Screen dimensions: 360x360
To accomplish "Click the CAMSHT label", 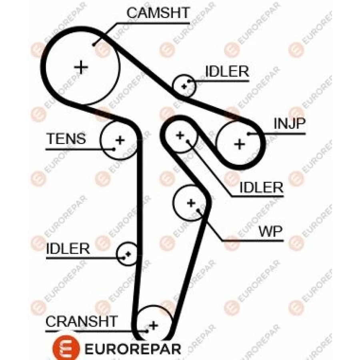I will (158, 12).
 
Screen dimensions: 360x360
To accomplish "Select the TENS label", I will (66, 139).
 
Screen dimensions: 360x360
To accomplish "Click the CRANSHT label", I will (82, 321).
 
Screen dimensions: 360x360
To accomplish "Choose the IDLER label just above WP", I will (261, 187).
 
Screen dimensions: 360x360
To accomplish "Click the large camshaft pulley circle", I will (81, 67).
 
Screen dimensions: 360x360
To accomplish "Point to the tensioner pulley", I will (118, 140).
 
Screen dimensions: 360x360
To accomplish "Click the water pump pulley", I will (191, 203).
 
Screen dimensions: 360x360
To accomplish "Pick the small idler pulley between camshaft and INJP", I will (184, 85).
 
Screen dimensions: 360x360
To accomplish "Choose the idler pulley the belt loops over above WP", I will (180, 135).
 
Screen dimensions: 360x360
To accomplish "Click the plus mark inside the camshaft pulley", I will (81, 67).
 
